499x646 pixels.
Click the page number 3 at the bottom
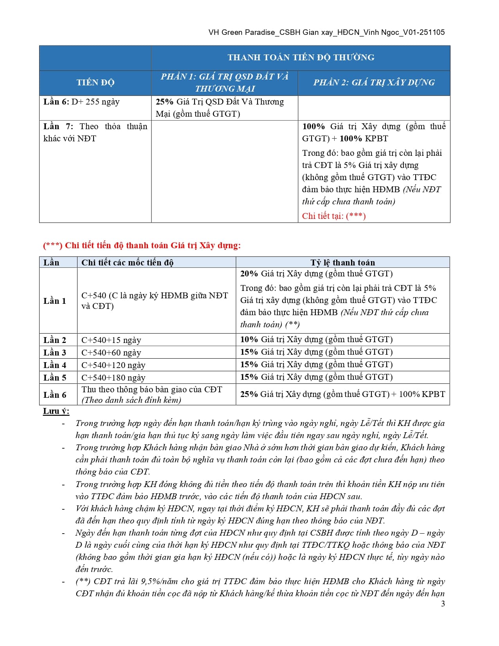pyautogui.click(x=443, y=603)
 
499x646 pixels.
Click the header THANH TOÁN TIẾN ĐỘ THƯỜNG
pyautogui.click(x=301, y=58)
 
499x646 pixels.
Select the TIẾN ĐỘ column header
pyautogui.click(x=95, y=83)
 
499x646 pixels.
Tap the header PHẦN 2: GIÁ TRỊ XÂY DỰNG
pyautogui.click(x=374, y=83)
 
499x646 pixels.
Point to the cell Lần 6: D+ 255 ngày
pyautogui.click(x=81, y=102)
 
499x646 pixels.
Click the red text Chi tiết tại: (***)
pyautogui.click(x=333, y=216)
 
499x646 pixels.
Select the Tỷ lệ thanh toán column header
pyautogui.click(x=342, y=262)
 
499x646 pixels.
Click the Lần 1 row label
pyautogui.click(x=55, y=301)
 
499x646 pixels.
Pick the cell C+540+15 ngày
pyautogui.click(x=111, y=340)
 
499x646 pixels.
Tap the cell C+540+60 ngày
pyautogui.click(x=111, y=352)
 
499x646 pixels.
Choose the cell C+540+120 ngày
pyautogui.click(x=113, y=365)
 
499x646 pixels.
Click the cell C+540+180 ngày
pyautogui.click(x=113, y=377)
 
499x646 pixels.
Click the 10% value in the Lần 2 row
pyautogui.click(x=249, y=339)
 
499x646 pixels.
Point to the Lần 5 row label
pyautogui.click(x=55, y=377)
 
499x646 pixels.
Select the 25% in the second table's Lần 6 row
pyautogui.click(x=249, y=394)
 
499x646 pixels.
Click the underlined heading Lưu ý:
pyautogui.click(x=56, y=411)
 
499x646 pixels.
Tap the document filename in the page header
pyautogui.click(x=326, y=32)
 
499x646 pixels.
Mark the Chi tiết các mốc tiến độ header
pyautogui.click(x=127, y=262)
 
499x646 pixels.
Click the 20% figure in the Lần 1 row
pyautogui.click(x=249, y=274)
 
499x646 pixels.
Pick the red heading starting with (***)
pyautogui.click(x=142, y=245)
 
